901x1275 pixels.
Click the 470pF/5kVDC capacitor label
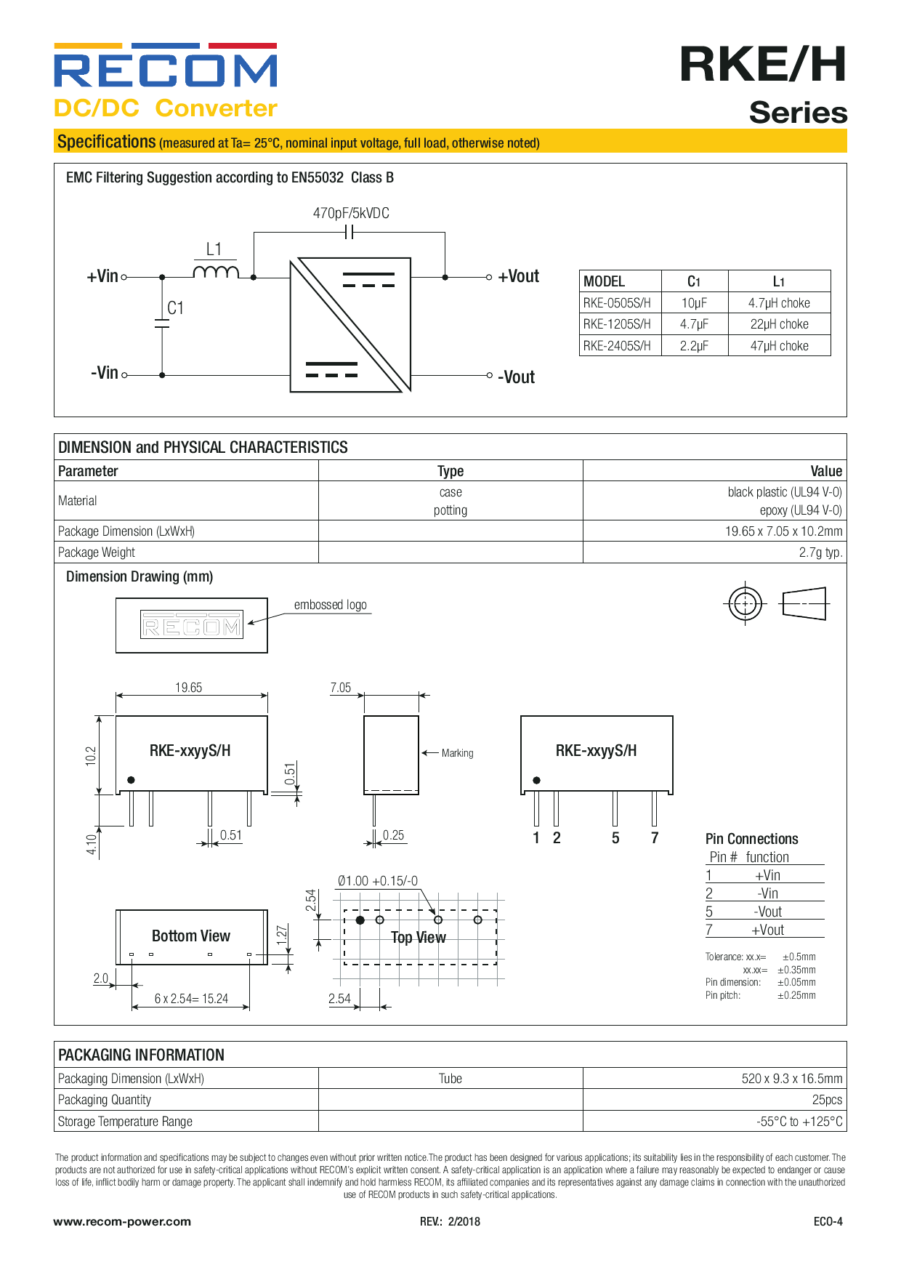(351, 213)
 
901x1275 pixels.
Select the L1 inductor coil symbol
(216, 272)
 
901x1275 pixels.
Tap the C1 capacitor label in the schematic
(175, 308)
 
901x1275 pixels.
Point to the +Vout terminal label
(518, 276)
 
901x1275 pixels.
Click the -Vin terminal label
(104, 373)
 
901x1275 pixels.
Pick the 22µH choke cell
(779, 324)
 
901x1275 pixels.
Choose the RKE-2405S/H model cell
(617, 346)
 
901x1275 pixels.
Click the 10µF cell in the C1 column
(694, 303)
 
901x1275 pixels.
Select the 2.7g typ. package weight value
(820, 552)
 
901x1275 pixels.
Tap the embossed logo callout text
(330, 605)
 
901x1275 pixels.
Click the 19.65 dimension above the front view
(188, 688)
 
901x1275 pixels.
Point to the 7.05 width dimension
(340, 688)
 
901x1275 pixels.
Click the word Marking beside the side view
(457, 753)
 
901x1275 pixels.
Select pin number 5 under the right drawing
(615, 838)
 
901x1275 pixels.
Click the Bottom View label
(191, 936)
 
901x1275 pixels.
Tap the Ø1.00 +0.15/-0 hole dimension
(378, 881)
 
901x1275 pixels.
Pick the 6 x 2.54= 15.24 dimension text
(191, 999)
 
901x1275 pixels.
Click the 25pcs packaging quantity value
(827, 1100)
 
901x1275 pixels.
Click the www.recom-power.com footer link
(122, 1221)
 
